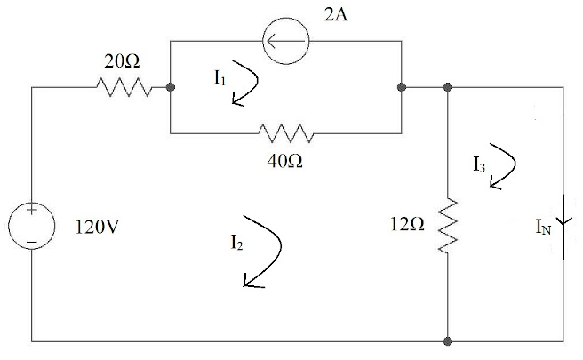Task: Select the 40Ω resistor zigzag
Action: [286, 134]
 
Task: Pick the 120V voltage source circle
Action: [31, 226]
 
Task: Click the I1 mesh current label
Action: [220, 78]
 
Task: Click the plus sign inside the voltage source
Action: [31, 212]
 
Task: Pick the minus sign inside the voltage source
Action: [31, 240]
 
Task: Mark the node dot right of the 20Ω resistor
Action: [170, 87]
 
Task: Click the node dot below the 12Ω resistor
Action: [449, 340]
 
